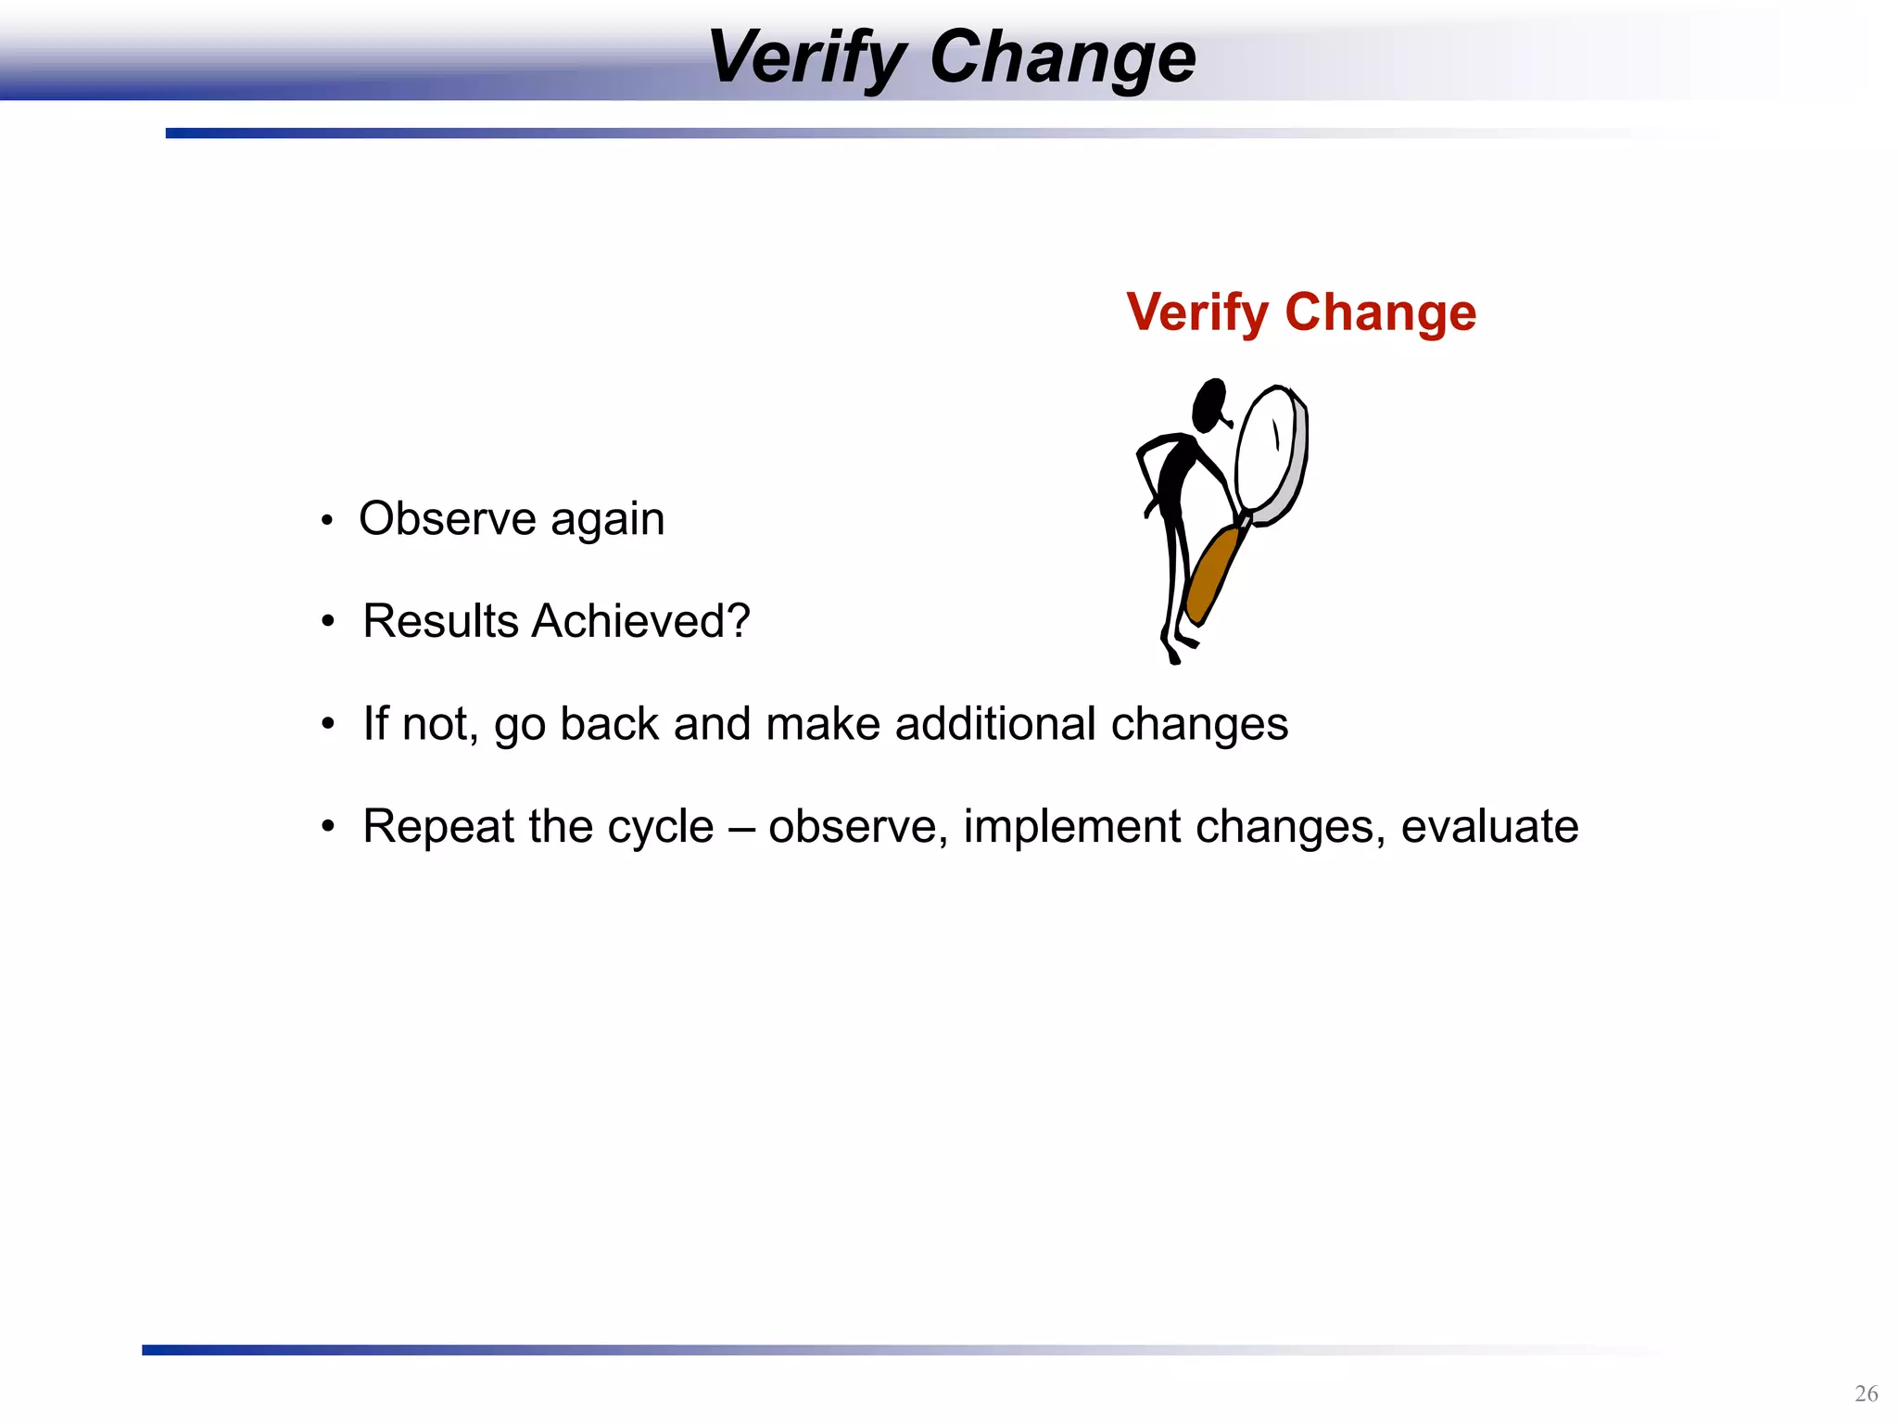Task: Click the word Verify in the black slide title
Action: point(804,57)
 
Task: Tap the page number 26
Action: point(1866,1393)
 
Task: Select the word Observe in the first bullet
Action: point(447,518)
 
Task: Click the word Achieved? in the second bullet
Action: point(640,621)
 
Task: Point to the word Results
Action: point(440,621)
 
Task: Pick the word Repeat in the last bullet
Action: point(437,827)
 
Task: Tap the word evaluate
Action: point(1489,827)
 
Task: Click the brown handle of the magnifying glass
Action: point(1212,575)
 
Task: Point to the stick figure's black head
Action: point(1209,405)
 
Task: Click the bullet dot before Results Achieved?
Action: point(327,621)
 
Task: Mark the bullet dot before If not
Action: point(327,724)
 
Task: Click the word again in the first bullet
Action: point(607,520)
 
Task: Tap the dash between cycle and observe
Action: point(741,827)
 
